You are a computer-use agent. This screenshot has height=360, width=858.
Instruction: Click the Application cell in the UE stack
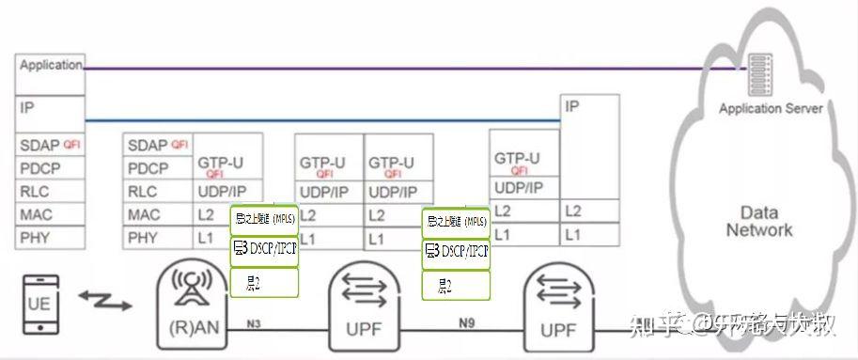click(50, 67)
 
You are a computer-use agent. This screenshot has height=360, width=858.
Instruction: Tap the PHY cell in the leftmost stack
click(50, 238)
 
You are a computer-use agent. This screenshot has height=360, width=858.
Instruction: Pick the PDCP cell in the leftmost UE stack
click(50, 168)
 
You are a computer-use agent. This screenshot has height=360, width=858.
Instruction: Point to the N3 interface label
click(255, 323)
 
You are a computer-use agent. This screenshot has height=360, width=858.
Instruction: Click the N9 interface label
click(468, 323)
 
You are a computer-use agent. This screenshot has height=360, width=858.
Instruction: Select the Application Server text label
click(771, 108)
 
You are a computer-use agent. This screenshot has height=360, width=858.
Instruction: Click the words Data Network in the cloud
click(759, 221)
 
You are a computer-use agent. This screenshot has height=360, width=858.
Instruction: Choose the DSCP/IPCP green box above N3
click(264, 250)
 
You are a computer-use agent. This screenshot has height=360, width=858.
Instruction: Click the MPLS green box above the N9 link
click(456, 222)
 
